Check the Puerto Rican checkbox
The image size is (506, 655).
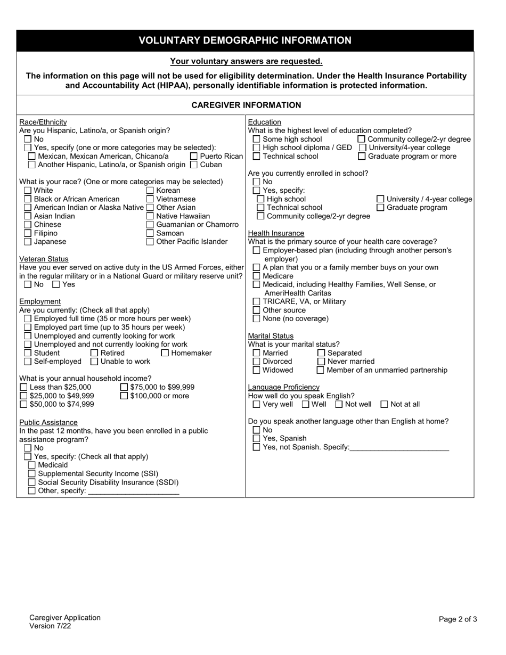coord(194,156)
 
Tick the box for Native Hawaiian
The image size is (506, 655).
coord(150,216)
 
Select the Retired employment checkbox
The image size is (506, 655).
coord(94,353)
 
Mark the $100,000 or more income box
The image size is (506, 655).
coord(124,396)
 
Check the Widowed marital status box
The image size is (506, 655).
coord(257,370)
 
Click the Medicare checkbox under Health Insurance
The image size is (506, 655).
coord(257,276)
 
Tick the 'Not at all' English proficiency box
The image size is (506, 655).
coord(384,404)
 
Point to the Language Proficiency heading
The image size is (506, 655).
coord(284,387)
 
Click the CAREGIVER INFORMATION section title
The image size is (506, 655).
coord(246,105)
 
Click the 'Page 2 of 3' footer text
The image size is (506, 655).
coord(458,619)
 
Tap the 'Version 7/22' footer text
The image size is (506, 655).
coord(50,626)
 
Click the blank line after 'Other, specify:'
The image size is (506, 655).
coord(133,491)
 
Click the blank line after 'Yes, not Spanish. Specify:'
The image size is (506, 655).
coord(399,447)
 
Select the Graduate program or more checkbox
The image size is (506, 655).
coord(362,156)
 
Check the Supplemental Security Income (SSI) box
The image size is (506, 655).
coord(32,473)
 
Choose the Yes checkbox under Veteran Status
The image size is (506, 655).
coord(56,284)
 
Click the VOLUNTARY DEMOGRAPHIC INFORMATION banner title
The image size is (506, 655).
coord(245,40)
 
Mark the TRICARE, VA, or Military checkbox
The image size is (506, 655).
coord(257,301)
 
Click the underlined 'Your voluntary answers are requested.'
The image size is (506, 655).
coord(246,61)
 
